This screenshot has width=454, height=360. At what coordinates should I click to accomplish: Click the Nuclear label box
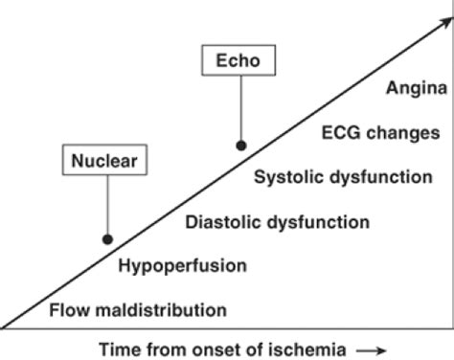(106, 161)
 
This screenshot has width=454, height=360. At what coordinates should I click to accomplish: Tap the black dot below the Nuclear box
(108, 239)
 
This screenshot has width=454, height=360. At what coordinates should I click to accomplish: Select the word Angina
(413, 89)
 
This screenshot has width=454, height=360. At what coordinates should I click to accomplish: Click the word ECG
(344, 133)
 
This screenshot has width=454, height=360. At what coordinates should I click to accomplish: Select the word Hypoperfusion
(182, 265)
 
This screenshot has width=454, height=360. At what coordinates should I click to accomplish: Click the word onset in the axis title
(210, 346)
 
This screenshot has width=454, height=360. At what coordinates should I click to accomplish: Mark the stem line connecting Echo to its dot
(241, 110)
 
